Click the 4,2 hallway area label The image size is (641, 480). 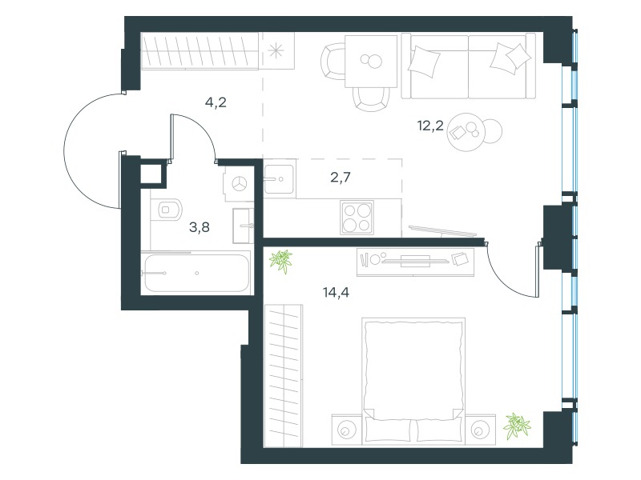216,102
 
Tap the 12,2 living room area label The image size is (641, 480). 430,126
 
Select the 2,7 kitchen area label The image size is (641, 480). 340,178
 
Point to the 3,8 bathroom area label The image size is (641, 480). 200,227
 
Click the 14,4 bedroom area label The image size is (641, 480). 336,293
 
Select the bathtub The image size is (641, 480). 196,273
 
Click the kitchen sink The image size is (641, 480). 279,178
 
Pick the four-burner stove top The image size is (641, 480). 357,218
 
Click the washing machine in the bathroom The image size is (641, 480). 239,184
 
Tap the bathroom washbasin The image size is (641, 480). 243,226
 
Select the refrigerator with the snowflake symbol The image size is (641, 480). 276,51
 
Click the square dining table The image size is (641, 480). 371,62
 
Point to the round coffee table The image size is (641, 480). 466,132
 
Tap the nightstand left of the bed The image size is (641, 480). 347,430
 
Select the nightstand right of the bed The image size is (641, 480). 480,430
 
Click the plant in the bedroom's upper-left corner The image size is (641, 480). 281,261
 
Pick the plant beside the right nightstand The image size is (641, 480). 517,426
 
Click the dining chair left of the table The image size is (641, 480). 332,62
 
